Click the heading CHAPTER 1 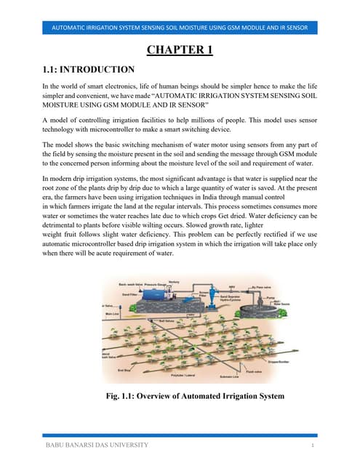180,51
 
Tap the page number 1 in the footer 311,445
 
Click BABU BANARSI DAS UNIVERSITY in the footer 97,445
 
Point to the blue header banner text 180,28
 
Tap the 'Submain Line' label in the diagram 231,377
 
